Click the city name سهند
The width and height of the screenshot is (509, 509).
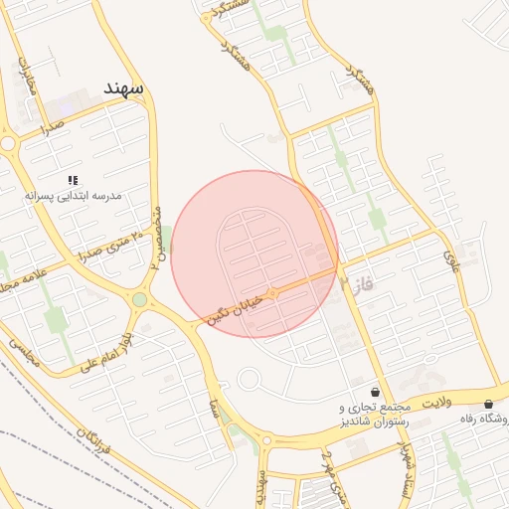click(x=122, y=87)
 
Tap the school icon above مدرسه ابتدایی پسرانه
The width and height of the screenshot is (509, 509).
click(x=73, y=180)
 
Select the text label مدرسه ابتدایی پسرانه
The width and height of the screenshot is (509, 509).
click(x=74, y=197)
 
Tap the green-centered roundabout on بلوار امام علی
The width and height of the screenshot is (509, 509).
click(x=139, y=299)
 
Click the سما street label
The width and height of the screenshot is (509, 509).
click(x=215, y=406)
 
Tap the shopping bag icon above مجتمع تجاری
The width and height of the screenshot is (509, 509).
click(x=374, y=392)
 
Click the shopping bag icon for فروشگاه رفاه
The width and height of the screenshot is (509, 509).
click(x=488, y=404)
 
